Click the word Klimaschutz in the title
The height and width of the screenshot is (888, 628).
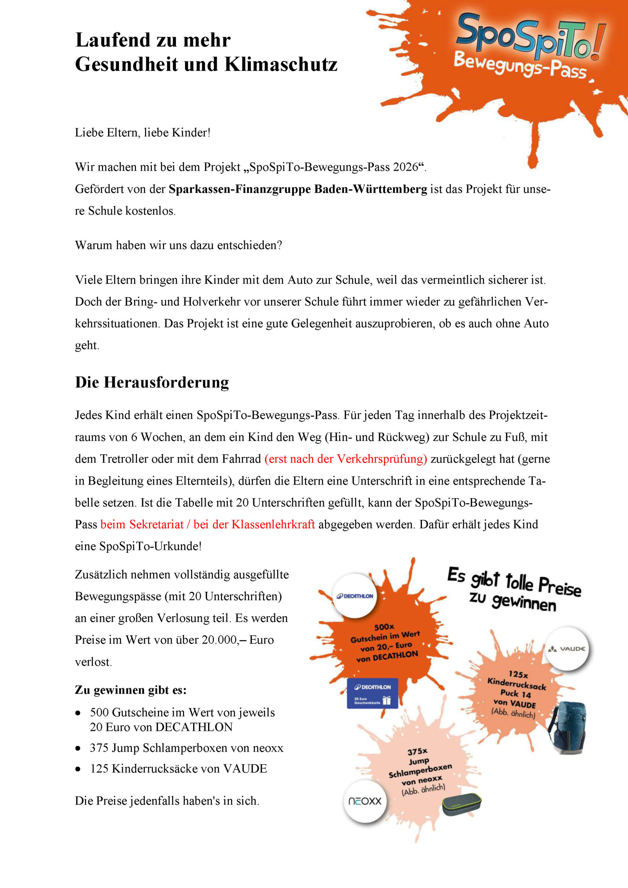point(281,64)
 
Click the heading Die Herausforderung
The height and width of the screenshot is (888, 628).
point(152,383)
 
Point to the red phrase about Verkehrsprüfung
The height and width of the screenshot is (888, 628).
point(346,459)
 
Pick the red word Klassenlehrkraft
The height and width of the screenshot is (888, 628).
point(273,524)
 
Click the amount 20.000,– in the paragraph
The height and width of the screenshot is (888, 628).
point(224,640)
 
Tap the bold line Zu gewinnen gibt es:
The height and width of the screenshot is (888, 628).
point(131,690)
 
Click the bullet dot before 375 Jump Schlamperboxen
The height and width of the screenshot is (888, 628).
point(78,748)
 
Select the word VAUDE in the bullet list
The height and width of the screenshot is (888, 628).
point(245,768)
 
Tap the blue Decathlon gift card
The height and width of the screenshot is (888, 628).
point(372,693)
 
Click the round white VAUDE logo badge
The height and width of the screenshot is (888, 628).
point(567,649)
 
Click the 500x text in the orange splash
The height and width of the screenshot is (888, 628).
point(384,626)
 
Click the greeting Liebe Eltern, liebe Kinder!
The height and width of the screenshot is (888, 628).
point(143,133)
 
